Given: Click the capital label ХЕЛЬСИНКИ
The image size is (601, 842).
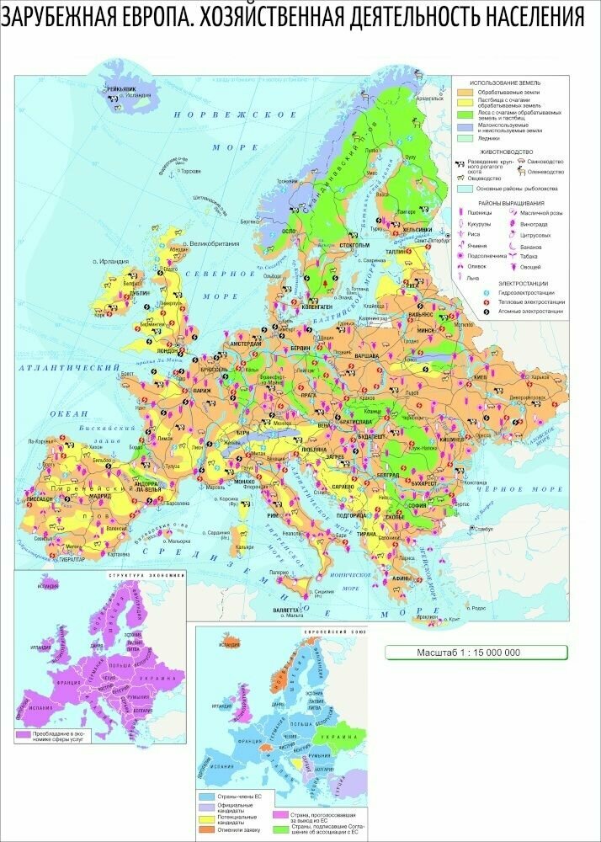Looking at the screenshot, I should tap(417, 229).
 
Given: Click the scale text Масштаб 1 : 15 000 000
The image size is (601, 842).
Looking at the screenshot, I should tap(475, 653).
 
